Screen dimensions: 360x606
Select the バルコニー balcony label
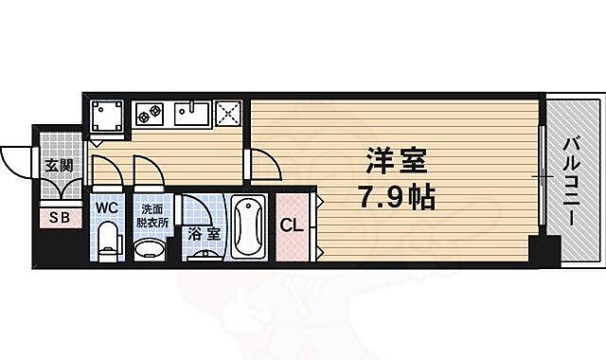pos(571,182)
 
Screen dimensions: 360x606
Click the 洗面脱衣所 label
pos(151,215)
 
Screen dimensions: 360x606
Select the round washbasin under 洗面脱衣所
pos(150,247)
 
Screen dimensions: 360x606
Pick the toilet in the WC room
pos(107,241)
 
